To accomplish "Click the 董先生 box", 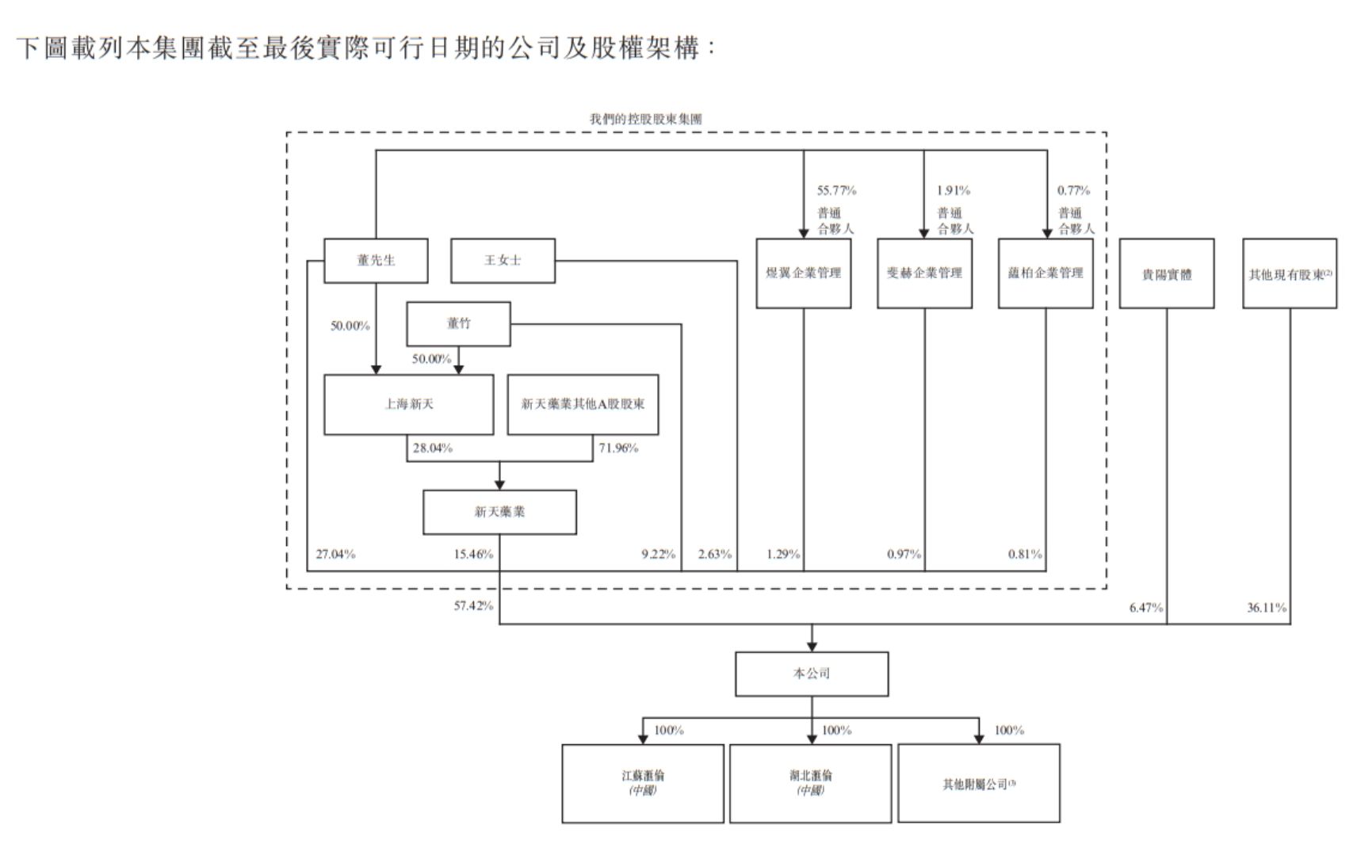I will point(376,261).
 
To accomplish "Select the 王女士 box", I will point(503,261).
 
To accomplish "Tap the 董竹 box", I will point(458,323).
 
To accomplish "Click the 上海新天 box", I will point(408,404).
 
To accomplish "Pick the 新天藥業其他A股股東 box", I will point(583,404).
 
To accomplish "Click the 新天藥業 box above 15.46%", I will point(499,512).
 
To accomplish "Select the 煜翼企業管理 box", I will point(803,273).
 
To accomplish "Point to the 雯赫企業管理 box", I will point(924,273).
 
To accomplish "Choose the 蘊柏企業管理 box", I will point(1045,273).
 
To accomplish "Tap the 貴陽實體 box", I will point(1166,274).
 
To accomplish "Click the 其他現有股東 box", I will point(1290,274).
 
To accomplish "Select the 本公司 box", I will point(812,674).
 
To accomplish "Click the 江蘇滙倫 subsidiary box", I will point(643,783).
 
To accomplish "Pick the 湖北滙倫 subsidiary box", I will point(810,783).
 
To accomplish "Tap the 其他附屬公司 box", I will point(978,783).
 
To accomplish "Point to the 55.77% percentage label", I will point(836,190).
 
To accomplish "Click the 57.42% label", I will point(473,606).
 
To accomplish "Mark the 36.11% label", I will point(1267,608).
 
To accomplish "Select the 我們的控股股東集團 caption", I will point(645,119).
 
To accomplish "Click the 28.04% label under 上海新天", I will point(432,449).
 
